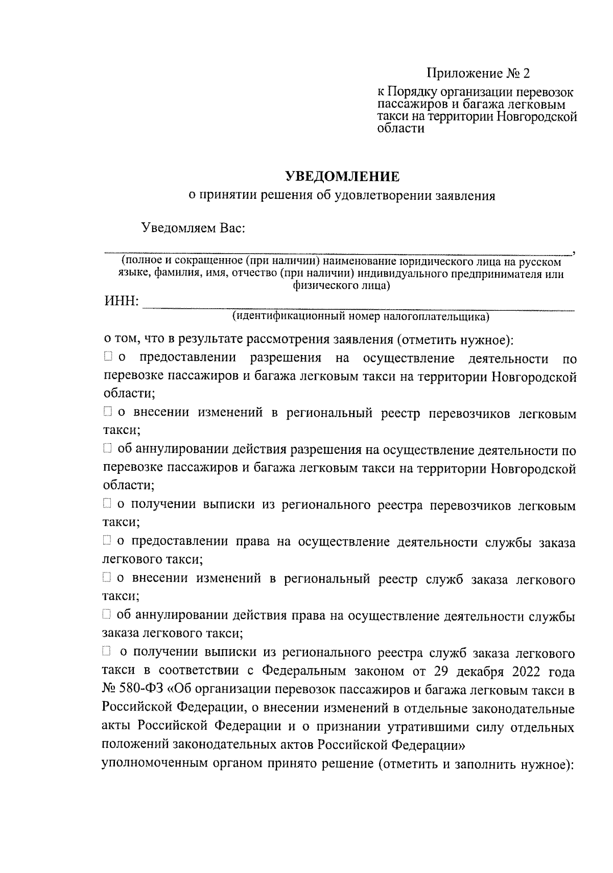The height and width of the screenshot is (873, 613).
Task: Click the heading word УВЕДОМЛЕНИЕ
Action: click(342, 177)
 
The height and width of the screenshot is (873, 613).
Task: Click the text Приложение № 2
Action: click(478, 74)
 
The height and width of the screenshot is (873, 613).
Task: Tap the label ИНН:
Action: click(122, 302)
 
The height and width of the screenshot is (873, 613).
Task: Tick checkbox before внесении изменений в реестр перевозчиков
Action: click(107, 411)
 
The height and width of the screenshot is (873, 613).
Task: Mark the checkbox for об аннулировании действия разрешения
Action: click(107, 449)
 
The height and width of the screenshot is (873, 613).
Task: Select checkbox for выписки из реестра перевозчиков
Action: click(107, 504)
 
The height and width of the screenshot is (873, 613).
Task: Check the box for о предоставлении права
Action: click(107, 540)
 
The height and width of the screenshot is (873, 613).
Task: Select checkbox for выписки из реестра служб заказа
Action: click(107, 651)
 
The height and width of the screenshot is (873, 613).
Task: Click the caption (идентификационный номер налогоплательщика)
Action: click(361, 317)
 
